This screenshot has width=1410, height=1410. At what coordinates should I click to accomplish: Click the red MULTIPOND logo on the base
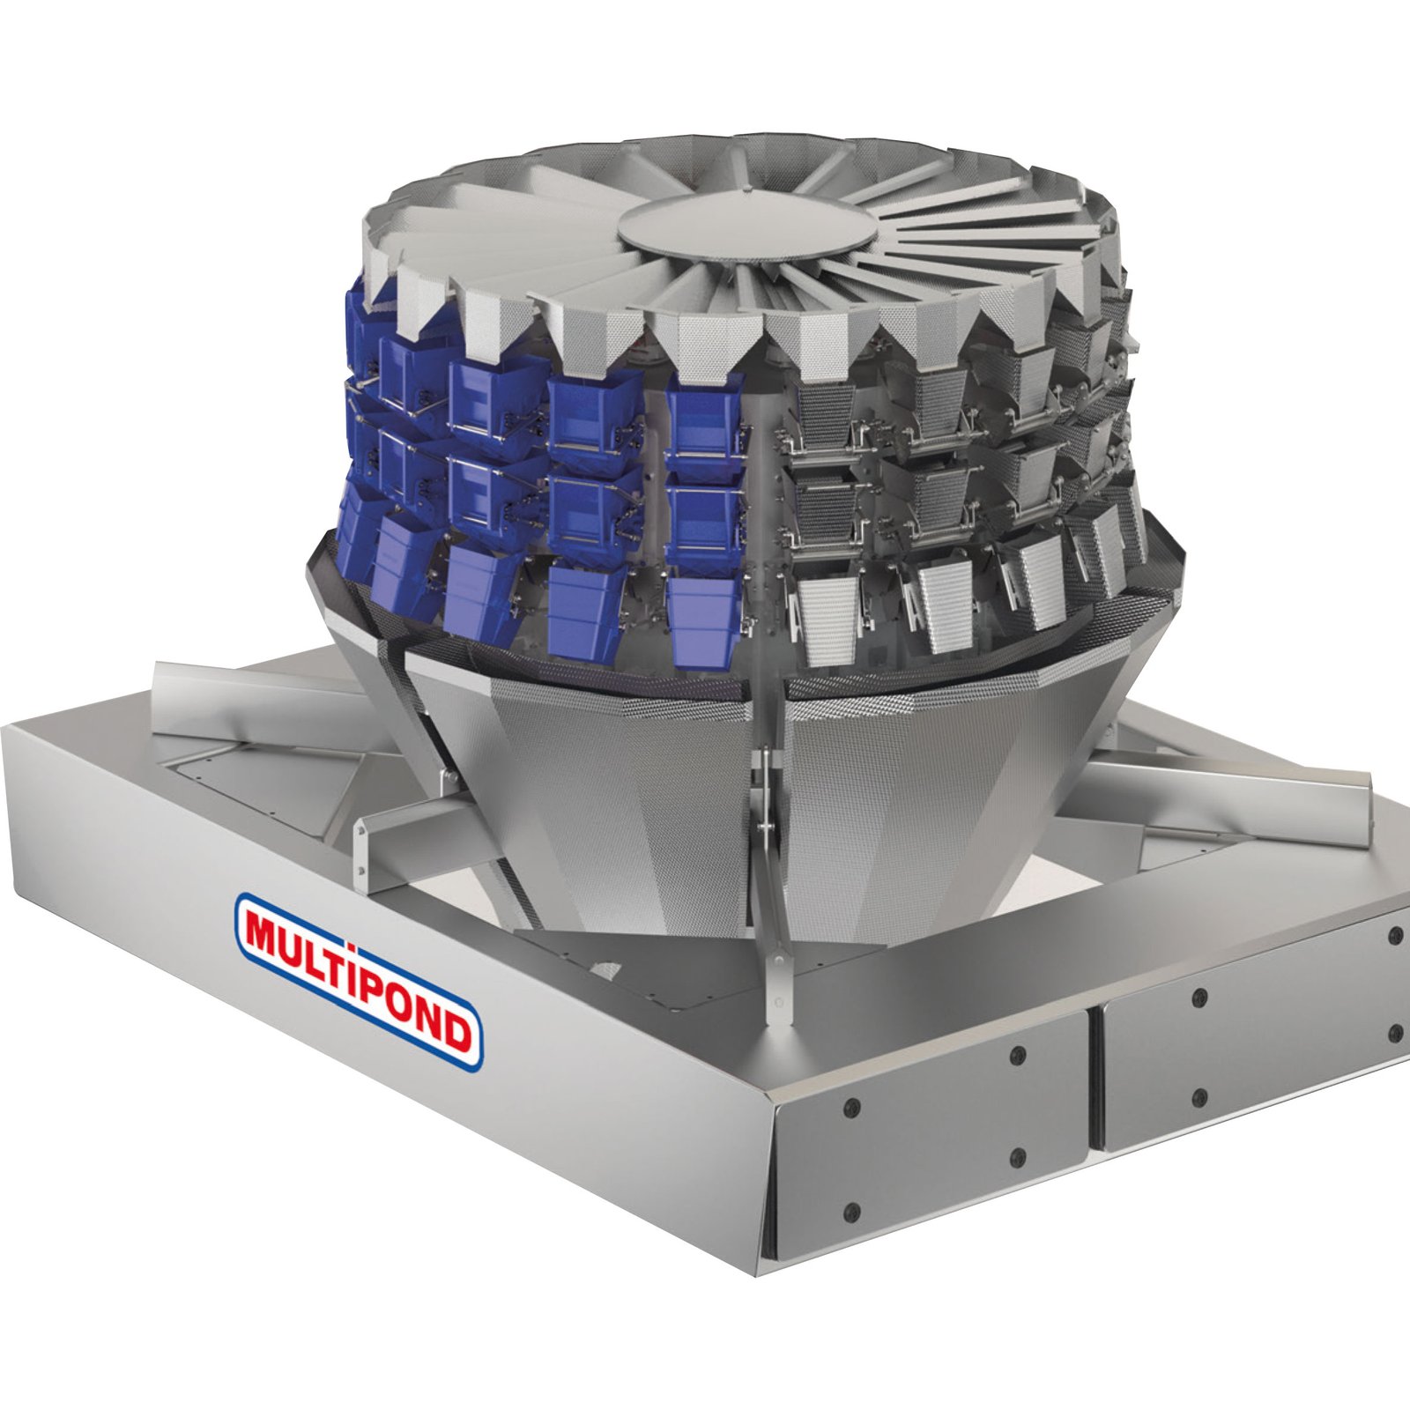coord(360,982)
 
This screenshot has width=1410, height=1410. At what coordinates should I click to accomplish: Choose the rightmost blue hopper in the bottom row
coord(705,621)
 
